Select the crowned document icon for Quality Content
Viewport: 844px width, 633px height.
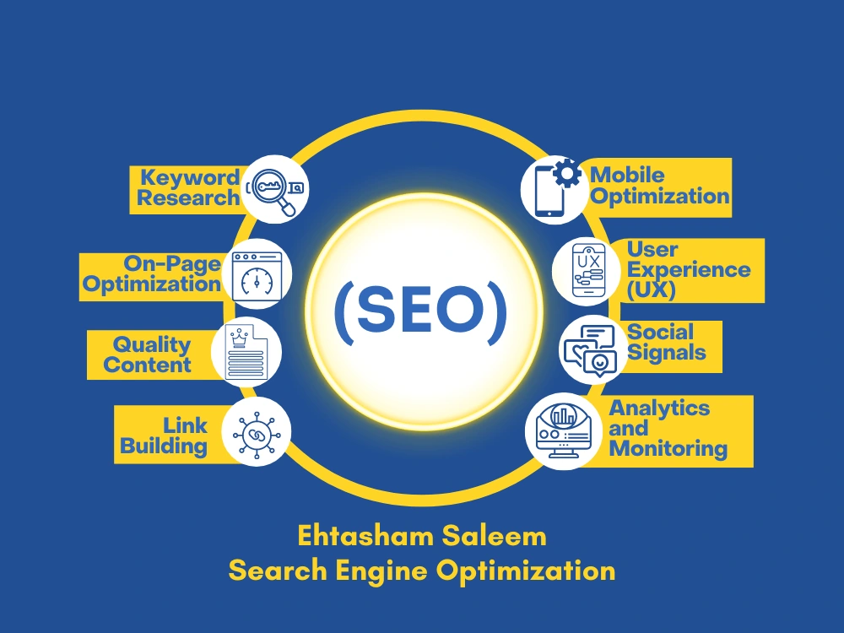[246, 353]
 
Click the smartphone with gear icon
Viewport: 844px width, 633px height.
[555, 188]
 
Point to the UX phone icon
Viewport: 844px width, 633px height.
[588, 270]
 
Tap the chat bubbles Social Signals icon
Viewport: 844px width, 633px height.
[590, 350]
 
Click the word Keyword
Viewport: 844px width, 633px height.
[189, 178]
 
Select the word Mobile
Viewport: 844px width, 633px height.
[627, 175]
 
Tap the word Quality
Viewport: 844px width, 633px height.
[152, 345]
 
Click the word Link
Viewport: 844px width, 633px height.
[185, 425]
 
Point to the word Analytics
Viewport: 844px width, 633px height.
[659, 408]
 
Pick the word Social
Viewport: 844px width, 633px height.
[660, 332]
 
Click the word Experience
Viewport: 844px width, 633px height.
[689, 270]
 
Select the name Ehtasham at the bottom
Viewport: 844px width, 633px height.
[365, 536]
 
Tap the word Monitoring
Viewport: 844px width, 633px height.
[668, 448]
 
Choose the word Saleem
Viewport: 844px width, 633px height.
[495, 536]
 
